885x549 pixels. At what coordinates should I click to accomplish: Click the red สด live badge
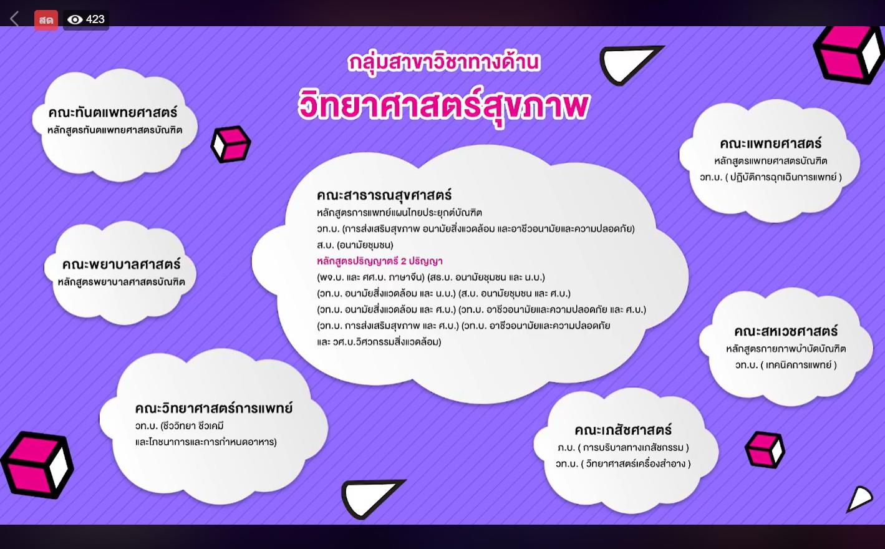coord(46,20)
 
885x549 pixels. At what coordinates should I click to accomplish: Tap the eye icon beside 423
coord(75,20)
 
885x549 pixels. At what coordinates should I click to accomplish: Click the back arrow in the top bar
coord(14,19)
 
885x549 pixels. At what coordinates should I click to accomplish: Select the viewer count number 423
coord(95,19)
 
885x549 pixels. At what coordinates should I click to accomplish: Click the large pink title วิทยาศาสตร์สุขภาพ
coord(443,106)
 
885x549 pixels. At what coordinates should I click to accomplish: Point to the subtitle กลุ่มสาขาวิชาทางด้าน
coord(443,63)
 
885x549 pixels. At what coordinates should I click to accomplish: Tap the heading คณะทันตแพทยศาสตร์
coord(113,113)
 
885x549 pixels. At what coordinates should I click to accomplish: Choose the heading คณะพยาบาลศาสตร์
coord(121,265)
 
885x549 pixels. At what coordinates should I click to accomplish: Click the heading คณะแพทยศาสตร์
coord(770,143)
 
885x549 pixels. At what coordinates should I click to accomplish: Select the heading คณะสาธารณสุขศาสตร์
coord(384,195)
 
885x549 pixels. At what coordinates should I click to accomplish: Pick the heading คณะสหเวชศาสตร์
coord(786,331)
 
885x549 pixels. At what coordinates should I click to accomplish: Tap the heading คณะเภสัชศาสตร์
coord(623,430)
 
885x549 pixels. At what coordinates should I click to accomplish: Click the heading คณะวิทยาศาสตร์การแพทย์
coord(214,408)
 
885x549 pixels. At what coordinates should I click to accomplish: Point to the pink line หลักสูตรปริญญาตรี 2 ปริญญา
coord(380,261)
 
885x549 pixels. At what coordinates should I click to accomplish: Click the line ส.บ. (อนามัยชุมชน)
coord(355,245)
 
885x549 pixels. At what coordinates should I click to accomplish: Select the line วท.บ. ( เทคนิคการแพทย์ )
coord(786,365)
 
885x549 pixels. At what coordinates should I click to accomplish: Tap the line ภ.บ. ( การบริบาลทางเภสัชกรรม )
coord(623,447)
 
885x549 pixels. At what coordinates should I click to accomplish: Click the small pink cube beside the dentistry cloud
coord(231,144)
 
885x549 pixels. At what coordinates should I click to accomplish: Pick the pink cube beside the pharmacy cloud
coord(765,450)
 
